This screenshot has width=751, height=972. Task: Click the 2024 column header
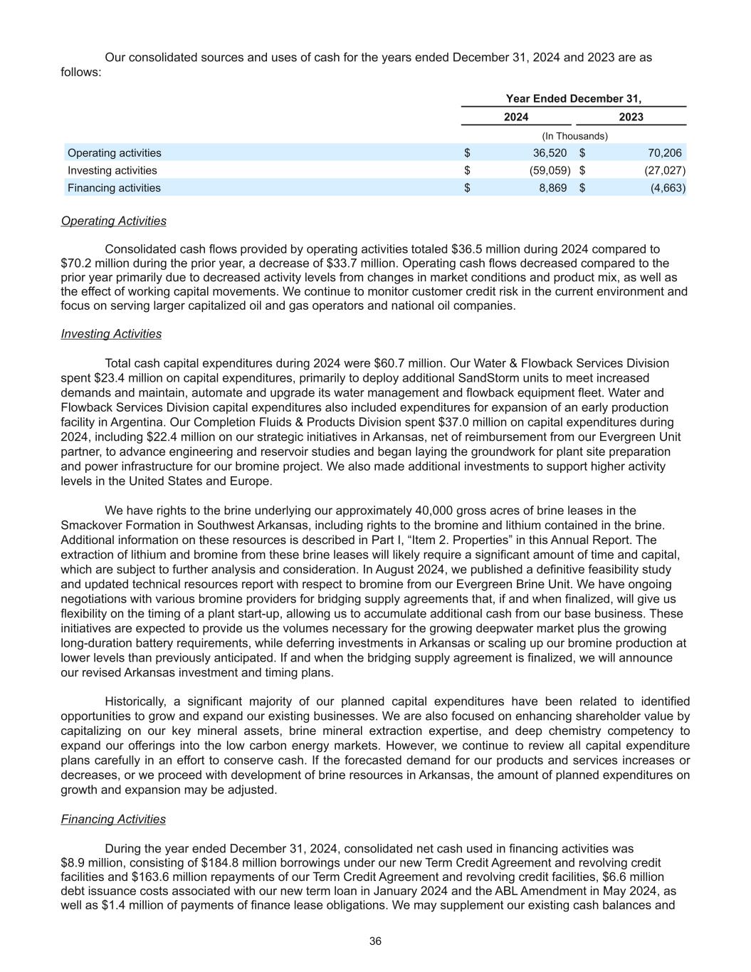[516, 117]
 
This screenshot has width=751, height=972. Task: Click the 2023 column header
[631, 117]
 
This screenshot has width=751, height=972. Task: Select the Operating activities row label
[115, 152]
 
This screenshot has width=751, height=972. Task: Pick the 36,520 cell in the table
[550, 152]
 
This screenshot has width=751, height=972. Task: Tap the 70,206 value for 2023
[664, 152]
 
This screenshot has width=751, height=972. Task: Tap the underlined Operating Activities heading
[114, 221]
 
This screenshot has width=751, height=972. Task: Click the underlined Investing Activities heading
[111, 334]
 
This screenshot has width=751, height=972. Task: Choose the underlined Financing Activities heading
[113, 819]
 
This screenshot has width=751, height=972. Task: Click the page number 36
[375, 941]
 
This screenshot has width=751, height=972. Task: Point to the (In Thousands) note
[574, 135]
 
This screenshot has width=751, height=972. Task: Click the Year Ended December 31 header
[573, 99]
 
